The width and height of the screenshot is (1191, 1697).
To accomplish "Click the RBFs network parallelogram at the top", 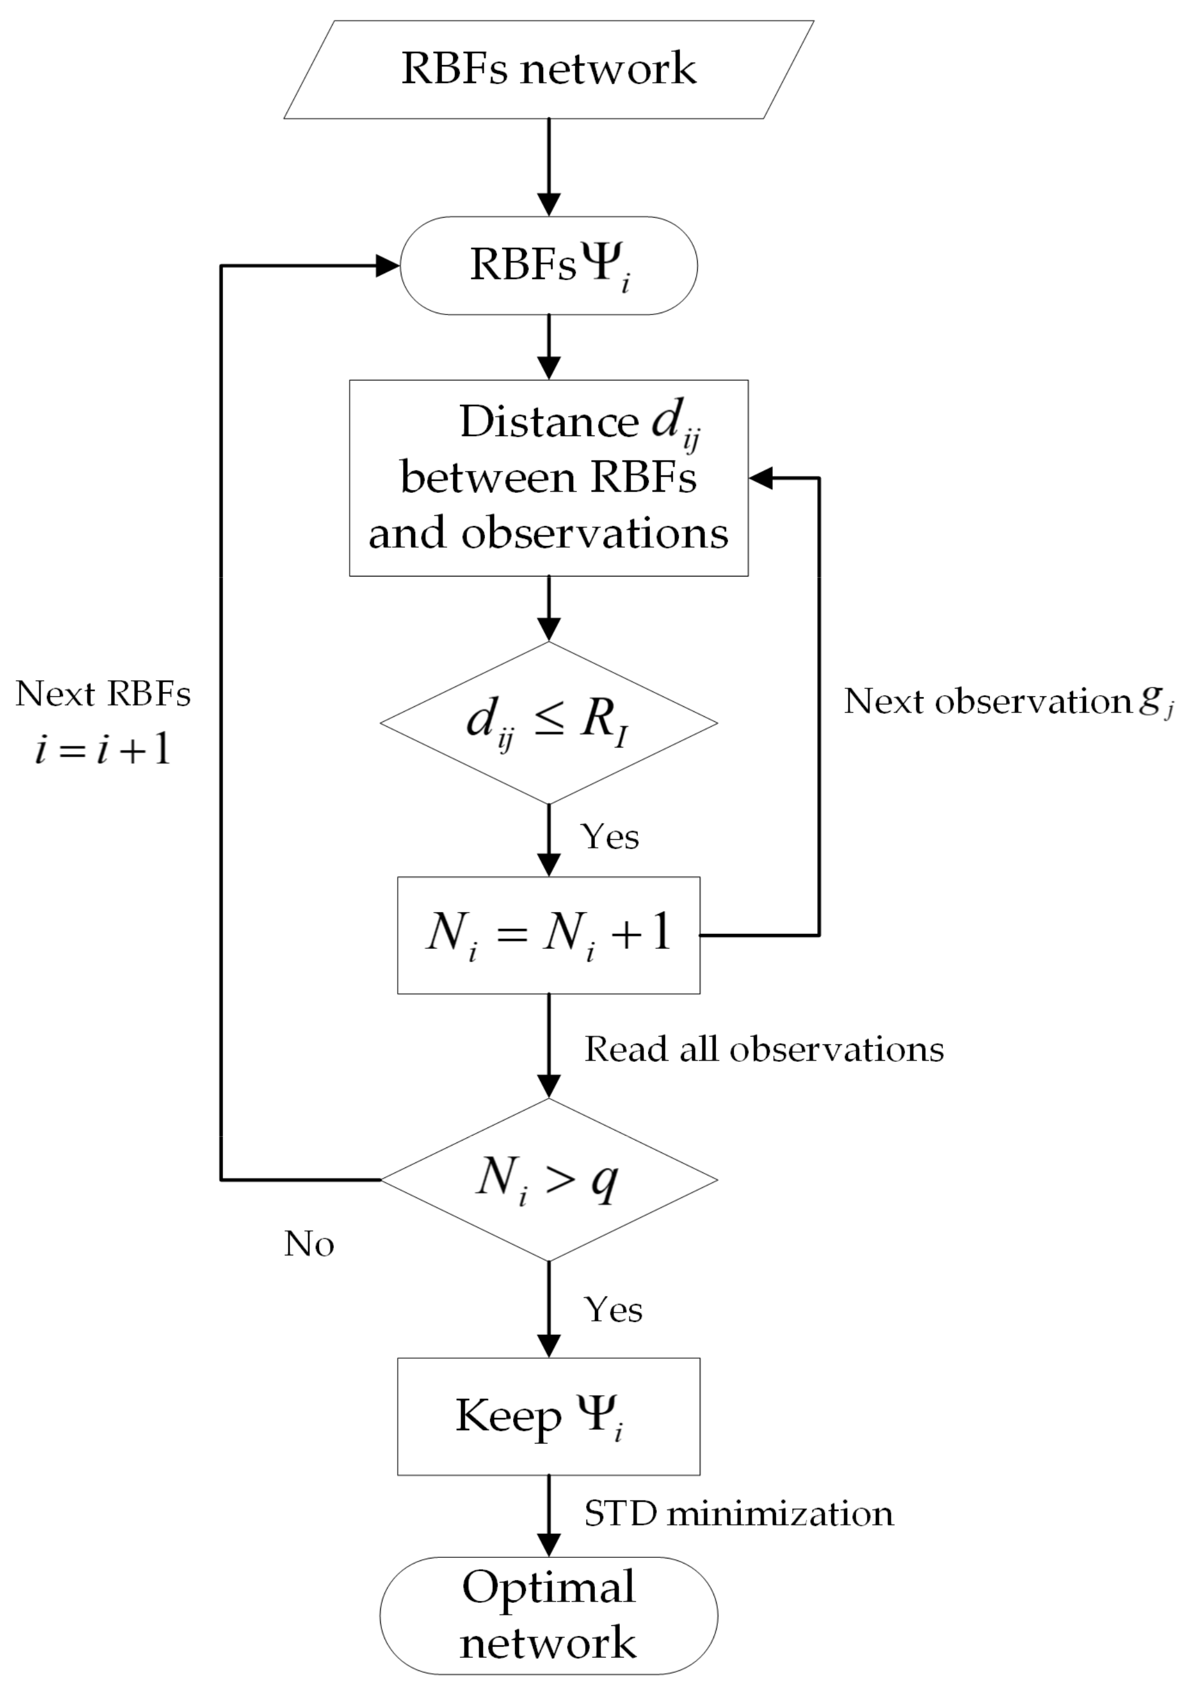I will [549, 69].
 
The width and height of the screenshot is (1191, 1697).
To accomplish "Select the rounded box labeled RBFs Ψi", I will [549, 265].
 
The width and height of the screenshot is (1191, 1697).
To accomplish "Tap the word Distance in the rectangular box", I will [549, 422].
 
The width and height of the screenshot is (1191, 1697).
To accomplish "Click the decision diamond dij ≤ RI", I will [549, 722].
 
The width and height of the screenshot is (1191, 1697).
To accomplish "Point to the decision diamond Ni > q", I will [549, 1179].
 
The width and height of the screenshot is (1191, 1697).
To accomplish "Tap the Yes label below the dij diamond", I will [610, 837].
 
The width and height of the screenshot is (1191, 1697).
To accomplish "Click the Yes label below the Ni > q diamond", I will [613, 1310].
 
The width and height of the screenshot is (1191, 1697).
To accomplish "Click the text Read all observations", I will [763, 1049].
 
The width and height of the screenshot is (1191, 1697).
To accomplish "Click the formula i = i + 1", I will [104, 749].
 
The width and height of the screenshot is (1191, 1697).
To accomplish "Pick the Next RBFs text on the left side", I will [104, 694].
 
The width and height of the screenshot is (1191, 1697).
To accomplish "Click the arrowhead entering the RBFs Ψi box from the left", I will [388, 265].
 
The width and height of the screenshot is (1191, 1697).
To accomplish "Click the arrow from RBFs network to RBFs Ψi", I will [549, 167].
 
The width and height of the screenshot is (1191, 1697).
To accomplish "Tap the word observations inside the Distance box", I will [594, 533].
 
